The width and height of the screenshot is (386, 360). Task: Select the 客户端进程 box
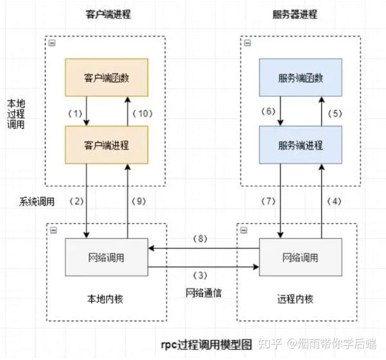click(x=107, y=143)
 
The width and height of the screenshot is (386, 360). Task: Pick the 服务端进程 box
click(x=300, y=143)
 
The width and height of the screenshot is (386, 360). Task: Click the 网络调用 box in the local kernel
click(x=107, y=257)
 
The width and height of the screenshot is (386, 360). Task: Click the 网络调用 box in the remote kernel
click(x=300, y=257)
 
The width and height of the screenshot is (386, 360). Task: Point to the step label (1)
click(x=76, y=113)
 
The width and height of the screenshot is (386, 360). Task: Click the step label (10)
click(x=142, y=113)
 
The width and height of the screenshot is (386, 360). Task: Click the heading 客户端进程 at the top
click(x=107, y=14)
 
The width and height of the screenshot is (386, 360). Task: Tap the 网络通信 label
click(x=202, y=292)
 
